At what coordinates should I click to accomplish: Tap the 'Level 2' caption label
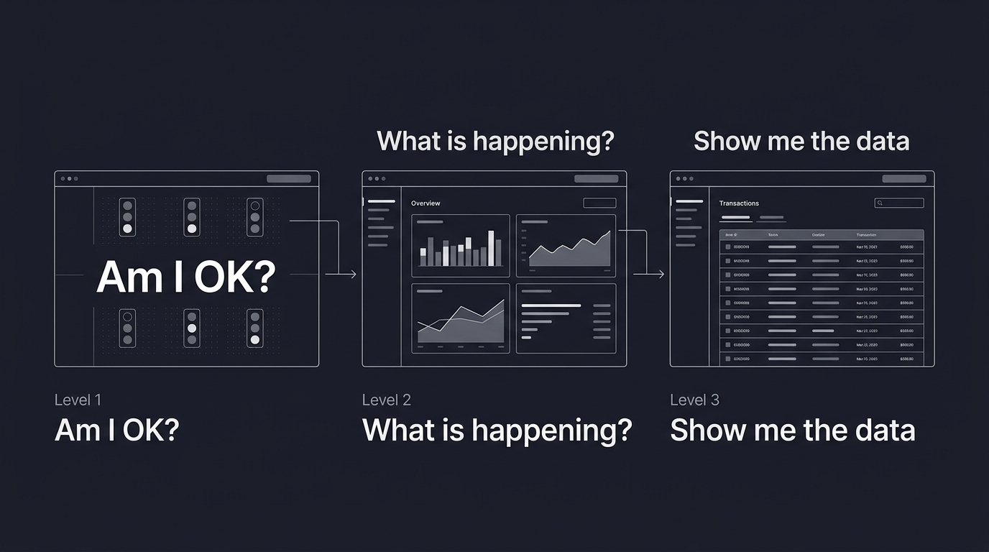coord(386,400)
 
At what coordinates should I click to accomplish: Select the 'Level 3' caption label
coord(694,400)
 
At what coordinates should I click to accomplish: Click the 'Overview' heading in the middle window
coord(425,203)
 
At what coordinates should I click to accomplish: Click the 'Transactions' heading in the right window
coord(739,203)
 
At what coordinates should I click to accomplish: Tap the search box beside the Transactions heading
coord(898,203)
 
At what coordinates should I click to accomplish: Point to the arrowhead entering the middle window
coord(352,274)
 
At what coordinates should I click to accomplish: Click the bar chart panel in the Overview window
coord(461,246)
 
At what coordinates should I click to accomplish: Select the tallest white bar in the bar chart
coord(491,248)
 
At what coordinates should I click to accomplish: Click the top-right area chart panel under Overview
coord(566,246)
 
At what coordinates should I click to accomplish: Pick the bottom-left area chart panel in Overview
coord(461,318)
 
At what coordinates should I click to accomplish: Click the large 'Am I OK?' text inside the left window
coord(185,276)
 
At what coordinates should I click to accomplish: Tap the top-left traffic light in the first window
coord(128,216)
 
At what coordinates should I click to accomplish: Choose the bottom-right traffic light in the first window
coord(254,328)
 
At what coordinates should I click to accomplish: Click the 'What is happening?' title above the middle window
coord(495,140)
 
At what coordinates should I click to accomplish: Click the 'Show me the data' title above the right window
coord(801,141)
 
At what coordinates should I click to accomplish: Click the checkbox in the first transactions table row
coord(727,247)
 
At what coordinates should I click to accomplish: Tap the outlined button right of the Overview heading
coord(599,203)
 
